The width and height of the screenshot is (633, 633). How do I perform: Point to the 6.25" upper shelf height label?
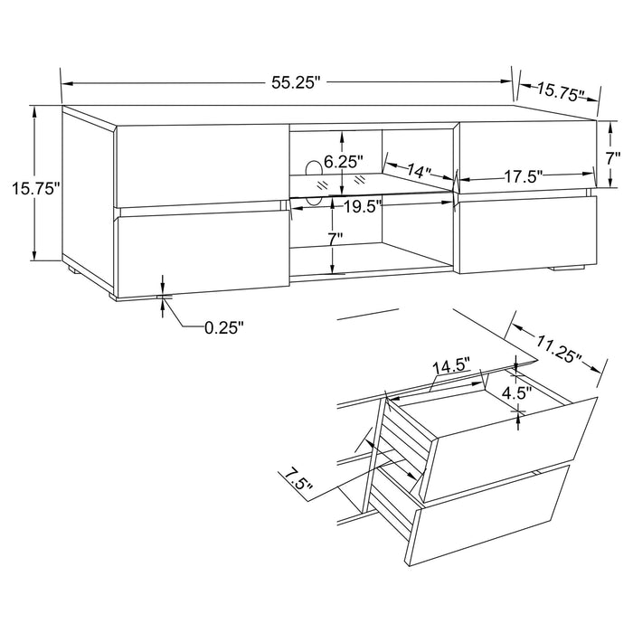tap(343, 162)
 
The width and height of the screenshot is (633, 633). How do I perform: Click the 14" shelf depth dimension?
tap(419, 171)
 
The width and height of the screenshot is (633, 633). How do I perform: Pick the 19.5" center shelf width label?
tap(362, 205)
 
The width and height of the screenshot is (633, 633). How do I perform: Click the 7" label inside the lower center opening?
tap(335, 240)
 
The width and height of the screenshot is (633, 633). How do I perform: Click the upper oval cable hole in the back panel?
tap(314, 168)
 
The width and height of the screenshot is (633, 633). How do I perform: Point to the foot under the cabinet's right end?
tap(567, 269)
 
